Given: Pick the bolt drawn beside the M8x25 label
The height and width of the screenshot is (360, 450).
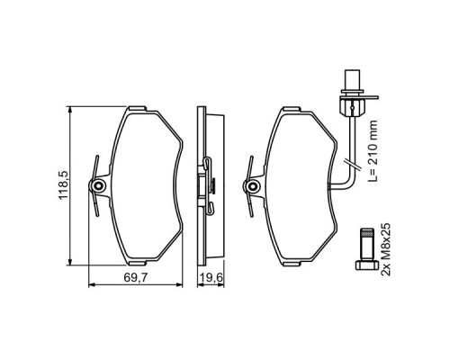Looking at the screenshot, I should pos(367,247).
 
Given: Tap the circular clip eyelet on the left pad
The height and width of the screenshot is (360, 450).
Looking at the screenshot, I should pos(98,185).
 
